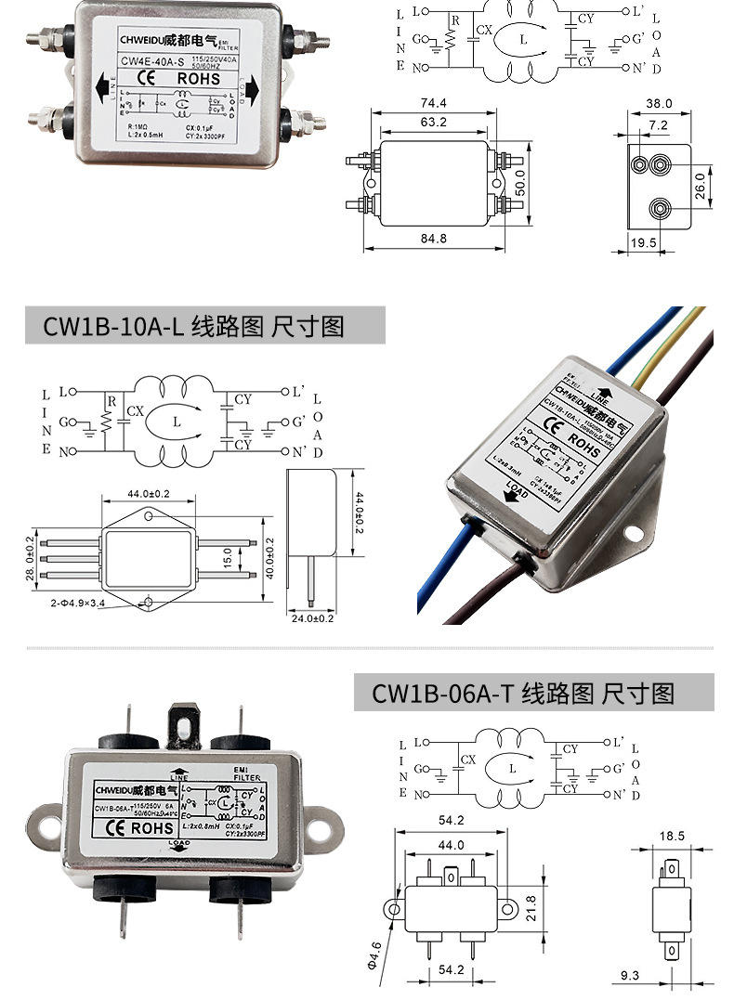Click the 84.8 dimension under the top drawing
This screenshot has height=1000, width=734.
pos(433,239)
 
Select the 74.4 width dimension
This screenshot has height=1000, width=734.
pos(433,103)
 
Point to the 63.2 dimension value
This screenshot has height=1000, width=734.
pos(433,122)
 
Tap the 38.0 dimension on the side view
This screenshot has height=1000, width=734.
pos(659,104)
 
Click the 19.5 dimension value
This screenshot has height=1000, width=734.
pos(644,242)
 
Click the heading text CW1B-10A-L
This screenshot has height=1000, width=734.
pos(113,327)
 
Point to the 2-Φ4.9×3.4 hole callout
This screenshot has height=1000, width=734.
pos(79,604)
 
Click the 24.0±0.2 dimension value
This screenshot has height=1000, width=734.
pos(311,618)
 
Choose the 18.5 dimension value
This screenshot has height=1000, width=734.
pos(671,836)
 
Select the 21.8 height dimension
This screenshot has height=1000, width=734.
pos(532,902)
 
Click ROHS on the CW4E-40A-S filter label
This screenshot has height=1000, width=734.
pos(198,79)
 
